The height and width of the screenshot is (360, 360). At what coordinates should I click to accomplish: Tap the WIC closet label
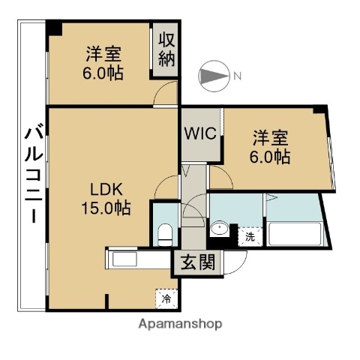pos(201,136)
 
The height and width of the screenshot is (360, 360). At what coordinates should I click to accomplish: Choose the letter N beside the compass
pos(237,76)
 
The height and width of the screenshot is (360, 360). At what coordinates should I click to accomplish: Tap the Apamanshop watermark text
pos(180,325)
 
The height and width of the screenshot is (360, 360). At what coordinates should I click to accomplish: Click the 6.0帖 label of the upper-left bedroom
pos(103,73)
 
